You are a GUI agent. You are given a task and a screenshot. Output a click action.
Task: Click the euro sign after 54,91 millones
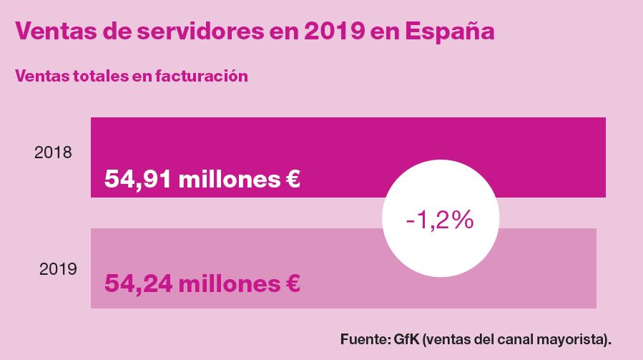pos(290,179)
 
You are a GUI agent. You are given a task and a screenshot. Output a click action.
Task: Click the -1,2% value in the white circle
pos(439,220)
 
